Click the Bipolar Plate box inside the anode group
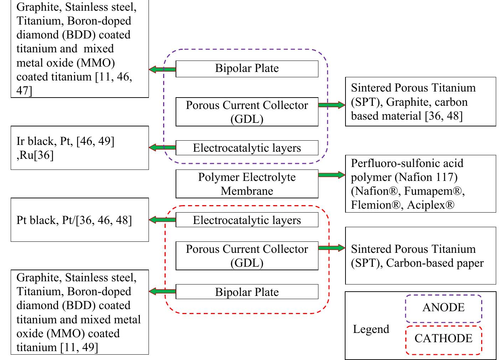tap(247, 69)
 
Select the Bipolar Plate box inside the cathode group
tap(247, 292)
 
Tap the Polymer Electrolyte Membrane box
tap(247, 184)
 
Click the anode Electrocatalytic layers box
tap(247, 148)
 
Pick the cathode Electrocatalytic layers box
tap(247, 220)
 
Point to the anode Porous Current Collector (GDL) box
tap(247, 112)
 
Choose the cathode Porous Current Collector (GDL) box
tap(247, 256)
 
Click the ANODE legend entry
tap(443, 308)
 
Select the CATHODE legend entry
tap(443, 338)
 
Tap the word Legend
tap(371, 329)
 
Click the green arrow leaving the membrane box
tap(331, 175)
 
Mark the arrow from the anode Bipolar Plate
tap(162, 69)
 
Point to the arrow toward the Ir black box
tap(162, 147)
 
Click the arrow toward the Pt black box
tap(162, 220)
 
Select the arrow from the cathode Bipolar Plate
tap(162, 292)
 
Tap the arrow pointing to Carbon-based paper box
tap(331, 248)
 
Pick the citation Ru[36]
tap(36, 156)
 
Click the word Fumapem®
tap(432, 191)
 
